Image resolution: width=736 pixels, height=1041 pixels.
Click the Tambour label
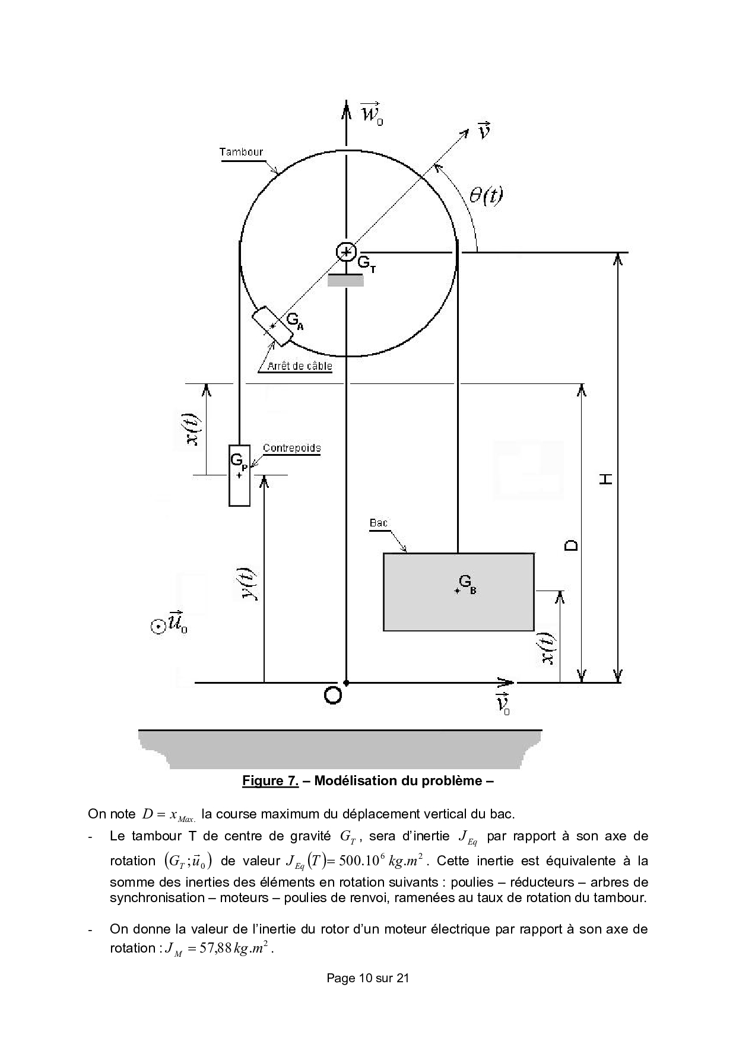point(241,151)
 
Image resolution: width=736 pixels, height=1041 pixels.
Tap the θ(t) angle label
point(486,195)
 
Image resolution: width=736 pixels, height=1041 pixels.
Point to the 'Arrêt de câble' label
point(299,366)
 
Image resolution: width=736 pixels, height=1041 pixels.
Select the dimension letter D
point(571,545)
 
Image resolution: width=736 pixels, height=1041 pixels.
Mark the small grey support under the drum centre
point(345,281)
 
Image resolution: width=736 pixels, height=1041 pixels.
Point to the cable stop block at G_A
point(272,326)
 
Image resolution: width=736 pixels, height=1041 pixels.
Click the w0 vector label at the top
point(372,113)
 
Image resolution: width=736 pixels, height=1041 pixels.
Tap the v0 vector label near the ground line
point(503,703)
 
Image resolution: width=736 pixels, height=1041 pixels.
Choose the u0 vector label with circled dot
point(170,624)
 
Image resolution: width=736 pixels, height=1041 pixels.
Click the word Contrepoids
point(291,448)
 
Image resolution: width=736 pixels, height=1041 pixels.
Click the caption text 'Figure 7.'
point(270,780)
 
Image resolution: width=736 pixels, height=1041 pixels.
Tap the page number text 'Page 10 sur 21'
point(367,995)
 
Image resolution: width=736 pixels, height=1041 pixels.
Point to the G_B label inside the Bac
point(467,584)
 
